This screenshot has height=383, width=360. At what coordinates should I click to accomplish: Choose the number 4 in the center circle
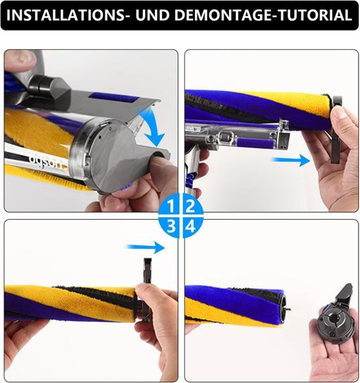[x=189, y=226]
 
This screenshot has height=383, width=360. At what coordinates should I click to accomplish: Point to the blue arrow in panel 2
[x=290, y=160]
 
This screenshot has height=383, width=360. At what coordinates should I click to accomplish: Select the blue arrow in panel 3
[x=147, y=247]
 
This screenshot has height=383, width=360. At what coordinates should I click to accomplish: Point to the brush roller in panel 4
[x=235, y=304]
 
